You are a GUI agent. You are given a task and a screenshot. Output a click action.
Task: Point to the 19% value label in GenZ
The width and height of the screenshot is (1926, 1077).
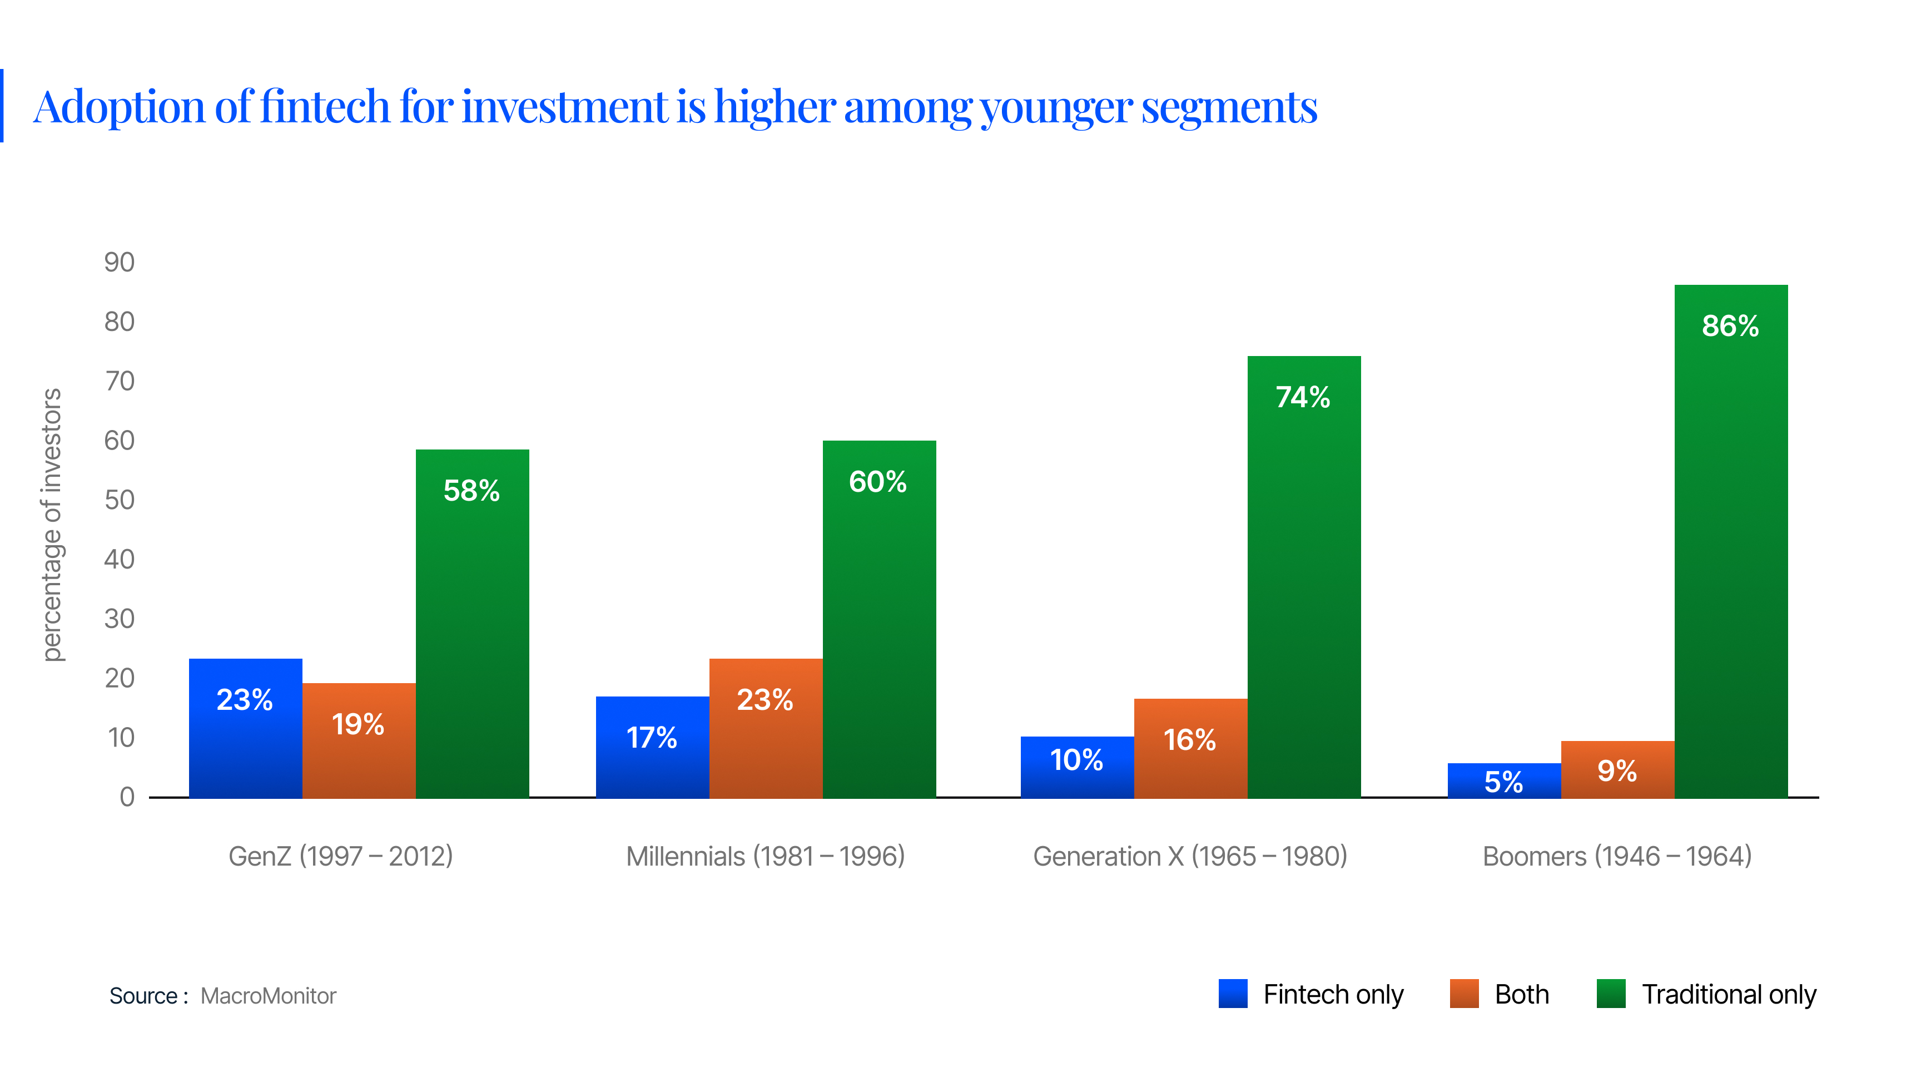click(358, 724)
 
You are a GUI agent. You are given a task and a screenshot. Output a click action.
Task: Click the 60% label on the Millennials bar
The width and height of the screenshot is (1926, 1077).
click(878, 482)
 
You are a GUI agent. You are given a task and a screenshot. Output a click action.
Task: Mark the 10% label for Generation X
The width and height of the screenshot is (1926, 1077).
click(1076, 760)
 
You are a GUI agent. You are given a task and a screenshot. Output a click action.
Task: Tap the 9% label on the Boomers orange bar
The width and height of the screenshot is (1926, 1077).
click(1617, 770)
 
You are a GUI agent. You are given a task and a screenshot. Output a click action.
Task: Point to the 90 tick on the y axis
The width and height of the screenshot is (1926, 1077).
click(120, 262)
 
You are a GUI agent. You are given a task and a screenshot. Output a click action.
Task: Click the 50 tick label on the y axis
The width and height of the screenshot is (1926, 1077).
click(120, 500)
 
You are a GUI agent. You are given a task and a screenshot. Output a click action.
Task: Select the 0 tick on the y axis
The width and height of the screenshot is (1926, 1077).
click(127, 797)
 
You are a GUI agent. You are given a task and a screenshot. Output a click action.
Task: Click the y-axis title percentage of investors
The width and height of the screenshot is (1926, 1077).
click(51, 525)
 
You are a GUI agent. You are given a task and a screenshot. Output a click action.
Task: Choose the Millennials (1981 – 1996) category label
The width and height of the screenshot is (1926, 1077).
click(766, 856)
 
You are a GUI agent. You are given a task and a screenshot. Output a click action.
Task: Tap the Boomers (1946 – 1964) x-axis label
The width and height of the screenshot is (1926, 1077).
click(1617, 856)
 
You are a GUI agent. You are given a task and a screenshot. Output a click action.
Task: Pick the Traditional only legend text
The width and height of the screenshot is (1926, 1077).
click(1729, 994)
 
